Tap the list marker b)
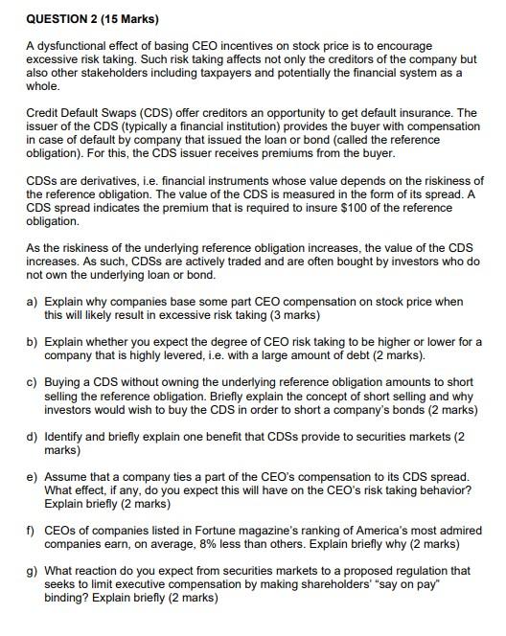[x=32, y=341]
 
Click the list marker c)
[x=32, y=382]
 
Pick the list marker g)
[x=32, y=571]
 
